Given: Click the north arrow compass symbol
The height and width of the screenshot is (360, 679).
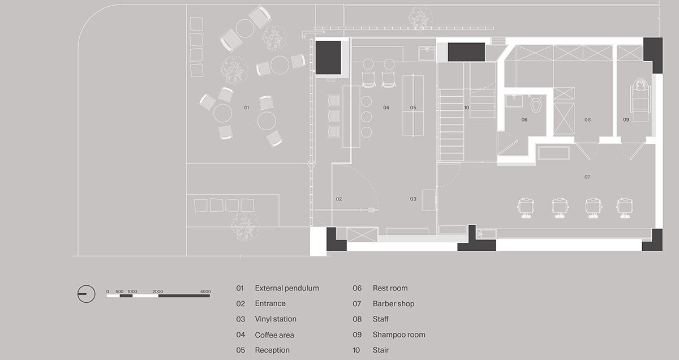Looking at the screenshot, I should (x=87, y=294).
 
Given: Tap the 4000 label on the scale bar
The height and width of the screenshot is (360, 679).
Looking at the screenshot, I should (x=205, y=292).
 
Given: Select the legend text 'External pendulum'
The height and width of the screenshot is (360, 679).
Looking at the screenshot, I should (x=287, y=288).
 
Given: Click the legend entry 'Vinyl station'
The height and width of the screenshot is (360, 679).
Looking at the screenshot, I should (x=275, y=319).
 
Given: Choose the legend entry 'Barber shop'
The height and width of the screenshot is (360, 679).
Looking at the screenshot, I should (x=393, y=304).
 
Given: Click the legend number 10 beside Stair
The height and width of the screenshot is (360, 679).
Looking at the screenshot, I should (x=356, y=350).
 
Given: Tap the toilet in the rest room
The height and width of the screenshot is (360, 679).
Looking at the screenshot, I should (x=536, y=105).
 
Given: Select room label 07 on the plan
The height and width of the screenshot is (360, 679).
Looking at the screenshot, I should (x=587, y=177).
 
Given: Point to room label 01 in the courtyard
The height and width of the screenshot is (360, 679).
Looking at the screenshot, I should (x=246, y=108).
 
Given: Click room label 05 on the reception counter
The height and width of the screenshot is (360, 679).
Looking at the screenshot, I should (x=413, y=108).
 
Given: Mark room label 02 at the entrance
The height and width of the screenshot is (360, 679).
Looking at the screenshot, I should (x=339, y=199).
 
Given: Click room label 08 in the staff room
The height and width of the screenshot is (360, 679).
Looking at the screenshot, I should (x=587, y=120).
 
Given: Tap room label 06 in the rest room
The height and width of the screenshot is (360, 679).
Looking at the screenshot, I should (x=524, y=120).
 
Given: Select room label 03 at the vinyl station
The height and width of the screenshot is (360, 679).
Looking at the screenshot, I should (x=413, y=199).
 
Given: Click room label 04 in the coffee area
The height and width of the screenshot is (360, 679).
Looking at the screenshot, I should (x=386, y=108).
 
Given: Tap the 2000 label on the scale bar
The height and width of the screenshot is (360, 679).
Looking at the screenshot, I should (x=157, y=292).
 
